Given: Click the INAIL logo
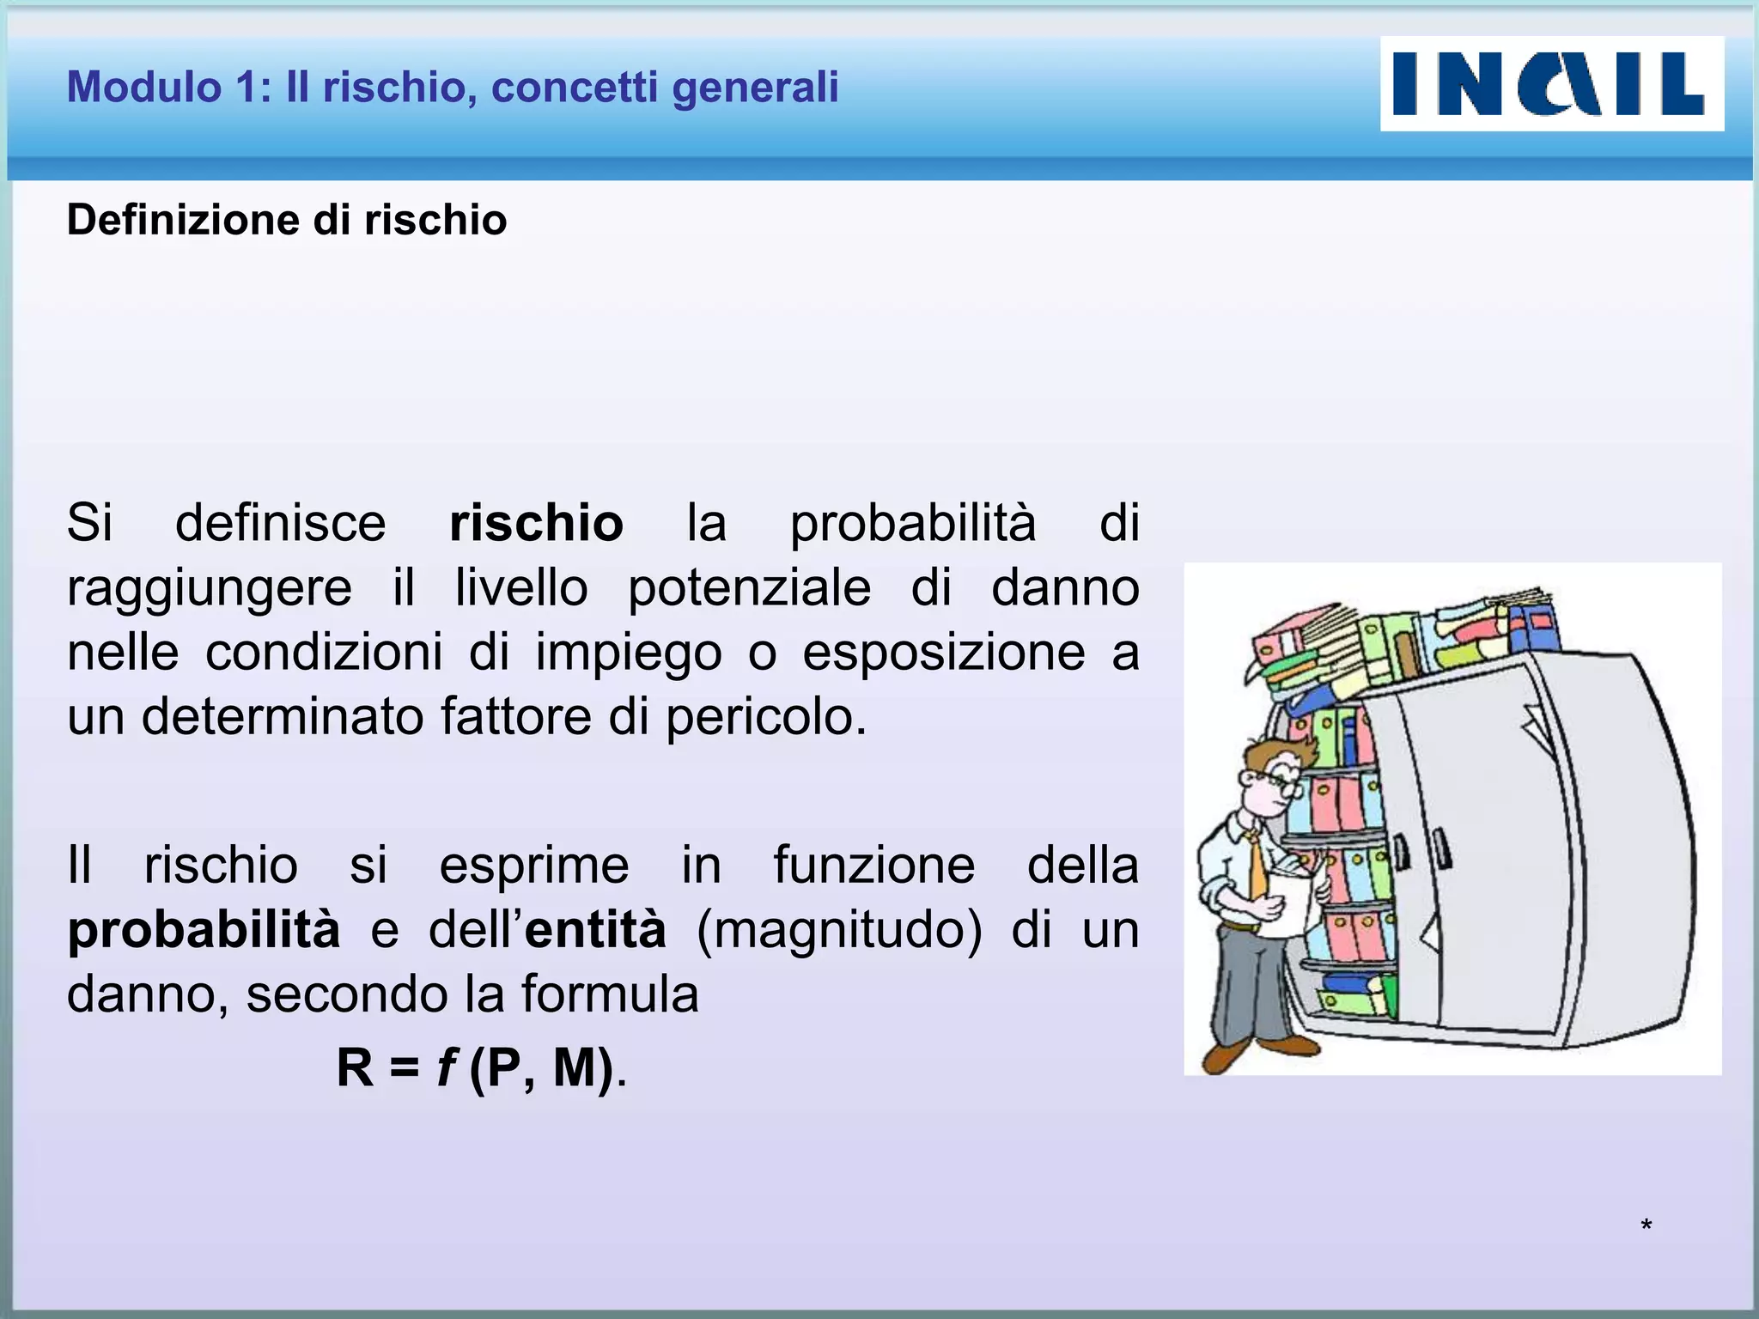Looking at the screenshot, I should pos(1551,83).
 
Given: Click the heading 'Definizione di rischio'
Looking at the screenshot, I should pos(287,220).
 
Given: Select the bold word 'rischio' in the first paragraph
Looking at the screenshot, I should pos(536,523).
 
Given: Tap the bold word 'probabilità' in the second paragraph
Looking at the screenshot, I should pos(204,930).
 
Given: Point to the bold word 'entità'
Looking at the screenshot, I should pos(595,930).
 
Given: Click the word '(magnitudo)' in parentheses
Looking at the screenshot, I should pos(839,930).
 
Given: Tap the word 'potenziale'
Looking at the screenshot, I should pos(749,588).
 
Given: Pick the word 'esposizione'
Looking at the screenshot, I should pos(944,652).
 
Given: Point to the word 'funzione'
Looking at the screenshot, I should pos(873,865).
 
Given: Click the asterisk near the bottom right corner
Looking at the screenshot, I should pos(1646,1226).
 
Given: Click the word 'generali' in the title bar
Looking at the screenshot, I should pos(756,87).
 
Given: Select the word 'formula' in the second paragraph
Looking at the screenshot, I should pos(609,994).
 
